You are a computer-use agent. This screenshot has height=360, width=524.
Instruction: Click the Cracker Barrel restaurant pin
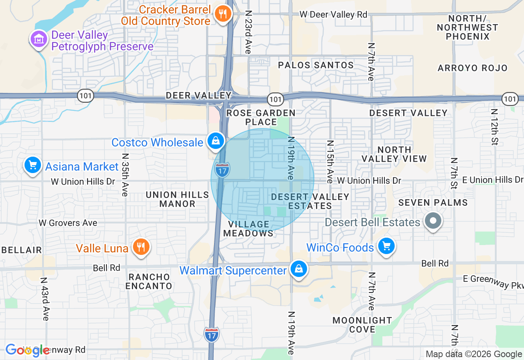coord(223,14)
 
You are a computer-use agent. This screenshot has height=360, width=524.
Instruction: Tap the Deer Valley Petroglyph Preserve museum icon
coord(38,40)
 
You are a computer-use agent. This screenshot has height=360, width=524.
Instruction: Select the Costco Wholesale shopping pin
coord(215,141)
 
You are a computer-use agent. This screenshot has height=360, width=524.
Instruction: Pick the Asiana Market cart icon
coord(33,165)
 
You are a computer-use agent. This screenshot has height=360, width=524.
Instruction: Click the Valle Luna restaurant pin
coord(141,247)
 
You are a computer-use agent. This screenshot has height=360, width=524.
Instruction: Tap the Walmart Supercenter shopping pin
coord(299,269)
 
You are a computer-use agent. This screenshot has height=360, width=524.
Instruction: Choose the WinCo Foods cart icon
coord(386,246)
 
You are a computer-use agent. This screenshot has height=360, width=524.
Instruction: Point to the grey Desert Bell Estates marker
coord(433,221)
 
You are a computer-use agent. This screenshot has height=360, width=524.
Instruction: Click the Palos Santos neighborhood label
coord(316,65)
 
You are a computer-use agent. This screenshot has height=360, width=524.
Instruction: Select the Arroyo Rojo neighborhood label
coord(472,68)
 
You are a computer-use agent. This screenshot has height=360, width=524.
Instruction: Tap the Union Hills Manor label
coord(177,199)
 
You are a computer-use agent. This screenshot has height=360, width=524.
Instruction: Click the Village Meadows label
coord(249,229)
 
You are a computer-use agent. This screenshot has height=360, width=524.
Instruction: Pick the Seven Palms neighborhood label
coord(433,202)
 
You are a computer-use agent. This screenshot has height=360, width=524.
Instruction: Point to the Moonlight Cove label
coord(362,325)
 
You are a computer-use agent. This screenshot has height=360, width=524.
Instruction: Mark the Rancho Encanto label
coord(149,281)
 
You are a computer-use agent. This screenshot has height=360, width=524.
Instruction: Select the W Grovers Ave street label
coord(68,223)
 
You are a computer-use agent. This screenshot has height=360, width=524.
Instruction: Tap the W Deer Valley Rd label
coord(333,14)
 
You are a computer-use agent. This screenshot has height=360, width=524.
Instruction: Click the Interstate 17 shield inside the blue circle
coord(222,170)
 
